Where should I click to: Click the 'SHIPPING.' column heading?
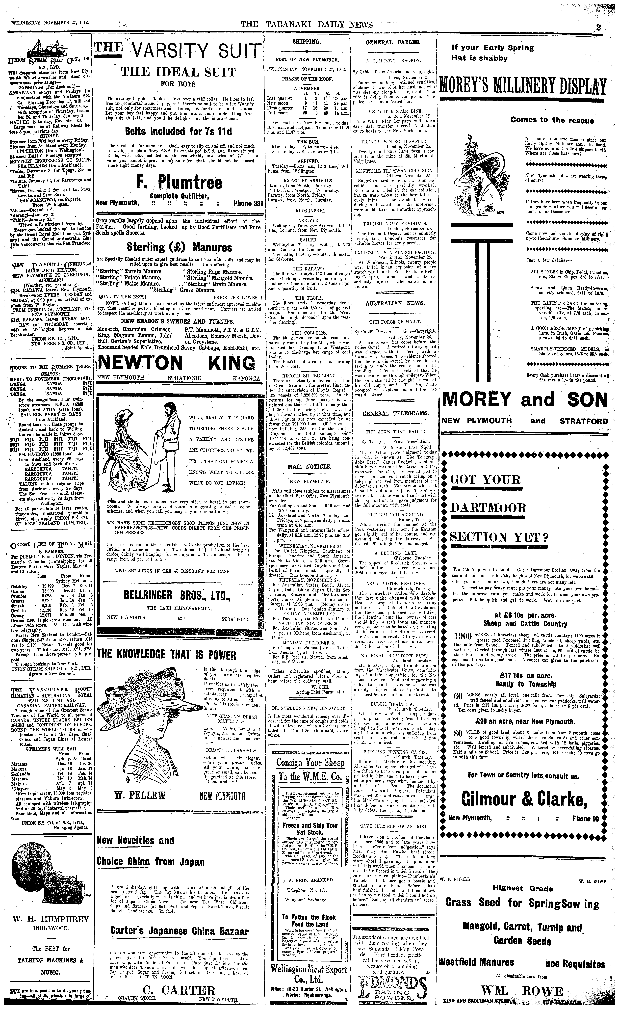click(306, 42)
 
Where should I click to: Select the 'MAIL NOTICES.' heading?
click(306, 466)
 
